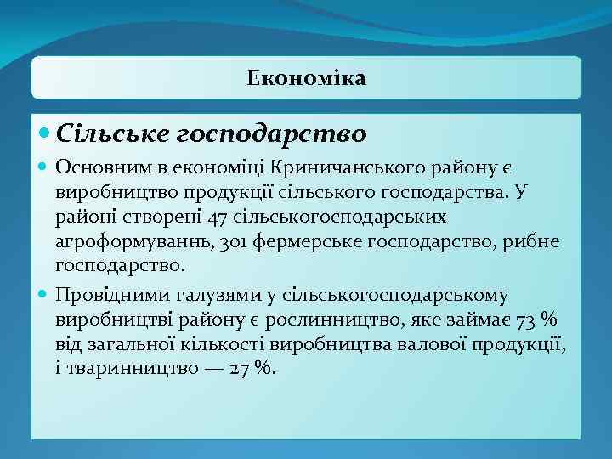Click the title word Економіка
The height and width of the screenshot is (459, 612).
click(306, 78)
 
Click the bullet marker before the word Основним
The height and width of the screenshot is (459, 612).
click(44, 170)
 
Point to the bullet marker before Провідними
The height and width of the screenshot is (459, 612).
click(44, 295)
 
